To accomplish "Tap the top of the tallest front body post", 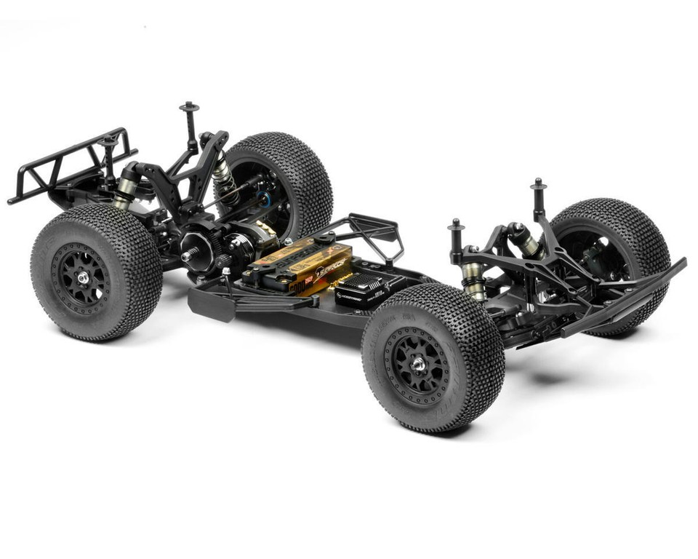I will (538, 183).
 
